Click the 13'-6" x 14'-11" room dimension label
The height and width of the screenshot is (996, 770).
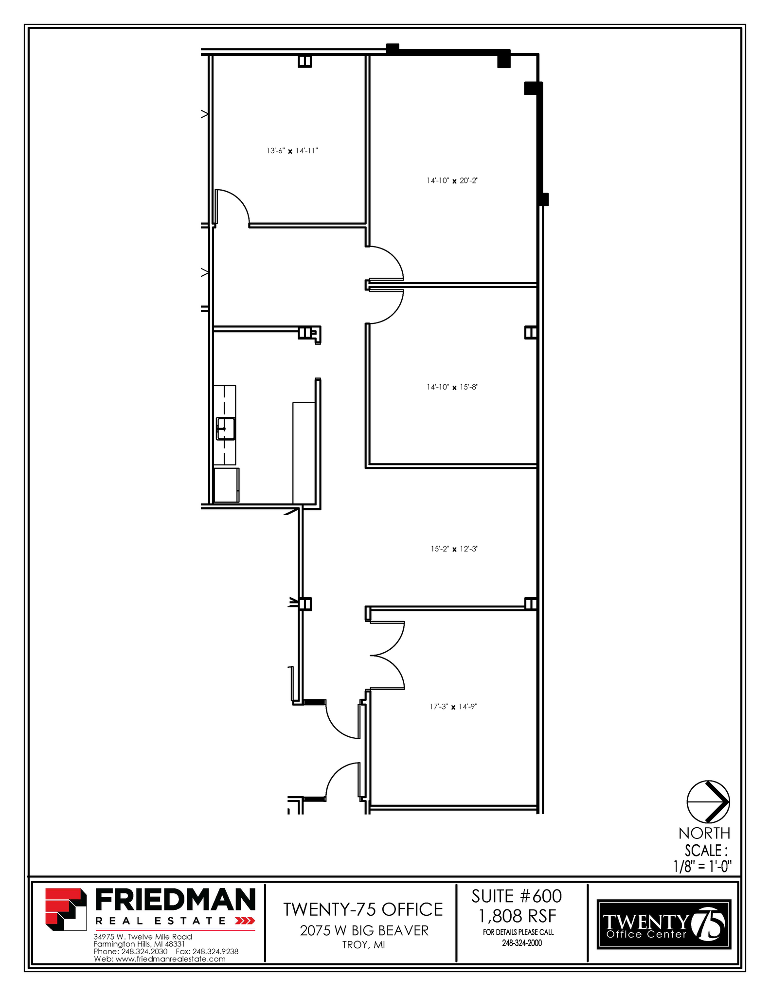pos(292,151)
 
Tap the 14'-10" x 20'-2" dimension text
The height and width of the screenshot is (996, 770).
pos(453,181)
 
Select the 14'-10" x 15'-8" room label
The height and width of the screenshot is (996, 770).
pos(453,387)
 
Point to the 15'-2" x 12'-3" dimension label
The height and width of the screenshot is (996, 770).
pos(454,549)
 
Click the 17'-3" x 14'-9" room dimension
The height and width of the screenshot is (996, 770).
pos(453,707)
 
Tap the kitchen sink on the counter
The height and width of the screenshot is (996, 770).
pos(226,428)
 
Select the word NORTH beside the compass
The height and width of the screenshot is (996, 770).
pos(704,834)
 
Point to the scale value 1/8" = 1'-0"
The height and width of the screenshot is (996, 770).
pos(702,866)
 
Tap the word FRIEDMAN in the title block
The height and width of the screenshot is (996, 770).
pos(175,899)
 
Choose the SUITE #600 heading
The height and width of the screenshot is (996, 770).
pos(517,896)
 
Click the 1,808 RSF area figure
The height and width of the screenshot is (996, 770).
pos(517,916)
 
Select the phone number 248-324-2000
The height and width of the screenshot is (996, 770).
pos(522,943)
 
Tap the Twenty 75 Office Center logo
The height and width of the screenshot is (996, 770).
pos(664,924)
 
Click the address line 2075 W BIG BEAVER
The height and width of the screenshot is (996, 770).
pos(364,930)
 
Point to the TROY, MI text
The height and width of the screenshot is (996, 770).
pos(363,945)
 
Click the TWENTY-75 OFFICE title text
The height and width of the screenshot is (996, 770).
pos(363,909)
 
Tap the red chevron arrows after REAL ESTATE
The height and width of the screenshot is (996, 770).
pos(245,921)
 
